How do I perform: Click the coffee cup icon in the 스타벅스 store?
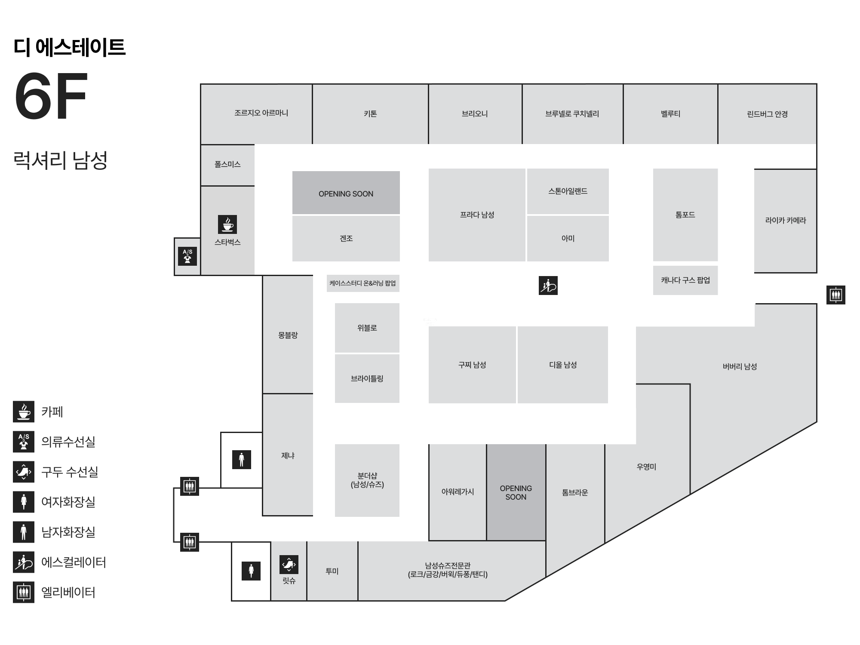pos(227,224)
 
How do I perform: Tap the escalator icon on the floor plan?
pos(548,286)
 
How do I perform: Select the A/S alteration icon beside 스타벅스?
pos(187,256)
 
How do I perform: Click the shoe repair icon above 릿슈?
pos(289,565)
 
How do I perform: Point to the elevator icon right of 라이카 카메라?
pos(836,295)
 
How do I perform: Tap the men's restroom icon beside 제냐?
pos(242,460)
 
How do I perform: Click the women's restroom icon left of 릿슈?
pos(251,571)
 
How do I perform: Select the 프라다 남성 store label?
pos(477,215)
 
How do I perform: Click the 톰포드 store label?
pos(685,215)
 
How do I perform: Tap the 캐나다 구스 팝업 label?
pos(685,280)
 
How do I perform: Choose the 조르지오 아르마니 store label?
pos(261,113)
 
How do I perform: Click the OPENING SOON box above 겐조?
pos(346,193)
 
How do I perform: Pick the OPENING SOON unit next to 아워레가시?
pos(516,492)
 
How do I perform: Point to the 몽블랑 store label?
pos(288,335)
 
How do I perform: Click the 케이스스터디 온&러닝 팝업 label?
pos(363,283)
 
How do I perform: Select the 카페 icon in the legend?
pos(24,412)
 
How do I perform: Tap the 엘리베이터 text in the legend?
pos(68,593)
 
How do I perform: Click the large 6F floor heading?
pos(51,96)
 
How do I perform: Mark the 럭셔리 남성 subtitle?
pos(60,160)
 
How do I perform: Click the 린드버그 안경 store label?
pos(767,114)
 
